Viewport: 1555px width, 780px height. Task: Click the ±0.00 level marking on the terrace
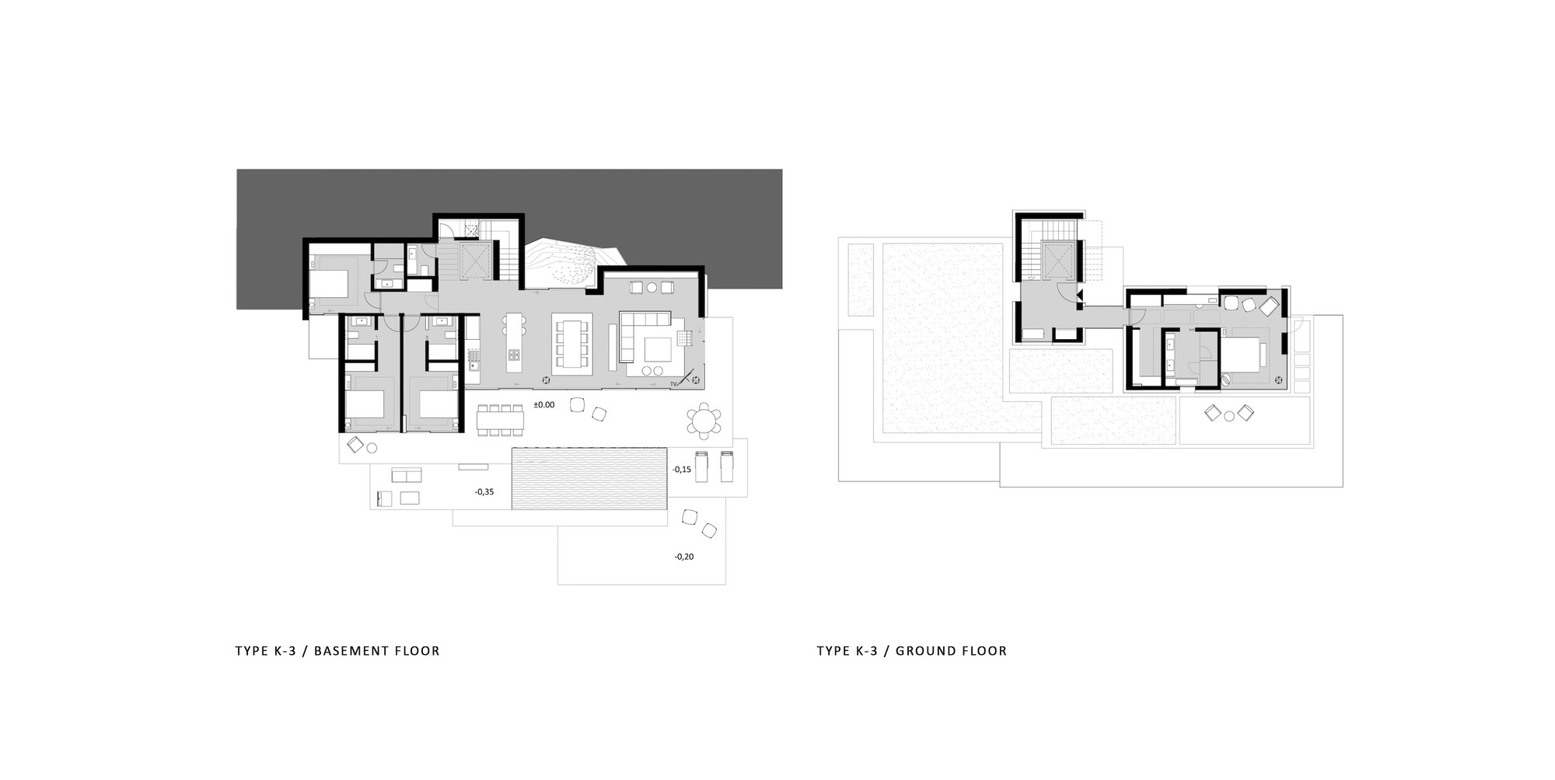tap(543, 405)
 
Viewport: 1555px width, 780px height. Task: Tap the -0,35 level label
tap(484, 492)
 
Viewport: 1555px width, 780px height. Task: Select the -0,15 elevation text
tap(682, 470)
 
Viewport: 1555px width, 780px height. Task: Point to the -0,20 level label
tap(684, 557)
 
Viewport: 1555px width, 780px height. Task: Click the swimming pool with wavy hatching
tap(589, 478)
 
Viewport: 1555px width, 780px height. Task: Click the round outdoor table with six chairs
tap(704, 421)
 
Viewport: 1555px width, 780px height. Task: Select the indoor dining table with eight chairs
tap(572, 343)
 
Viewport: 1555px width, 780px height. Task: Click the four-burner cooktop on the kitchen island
tap(514, 356)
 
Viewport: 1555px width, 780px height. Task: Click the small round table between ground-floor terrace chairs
tap(1229, 416)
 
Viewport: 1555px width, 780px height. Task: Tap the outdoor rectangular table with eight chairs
tap(501, 421)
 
